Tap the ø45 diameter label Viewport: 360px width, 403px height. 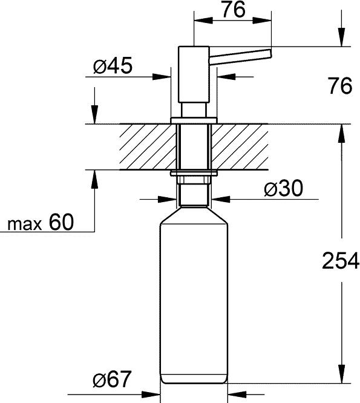click(x=113, y=67)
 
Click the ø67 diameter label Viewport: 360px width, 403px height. click(x=112, y=380)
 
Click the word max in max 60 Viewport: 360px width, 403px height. click(x=24, y=224)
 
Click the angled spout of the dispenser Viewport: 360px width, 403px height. click(x=241, y=55)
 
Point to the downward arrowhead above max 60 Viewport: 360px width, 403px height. click(x=94, y=115)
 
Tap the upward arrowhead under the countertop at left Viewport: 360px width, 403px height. click(x=94, y=180)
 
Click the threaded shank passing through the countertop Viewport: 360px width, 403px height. click(x=193, y=147)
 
